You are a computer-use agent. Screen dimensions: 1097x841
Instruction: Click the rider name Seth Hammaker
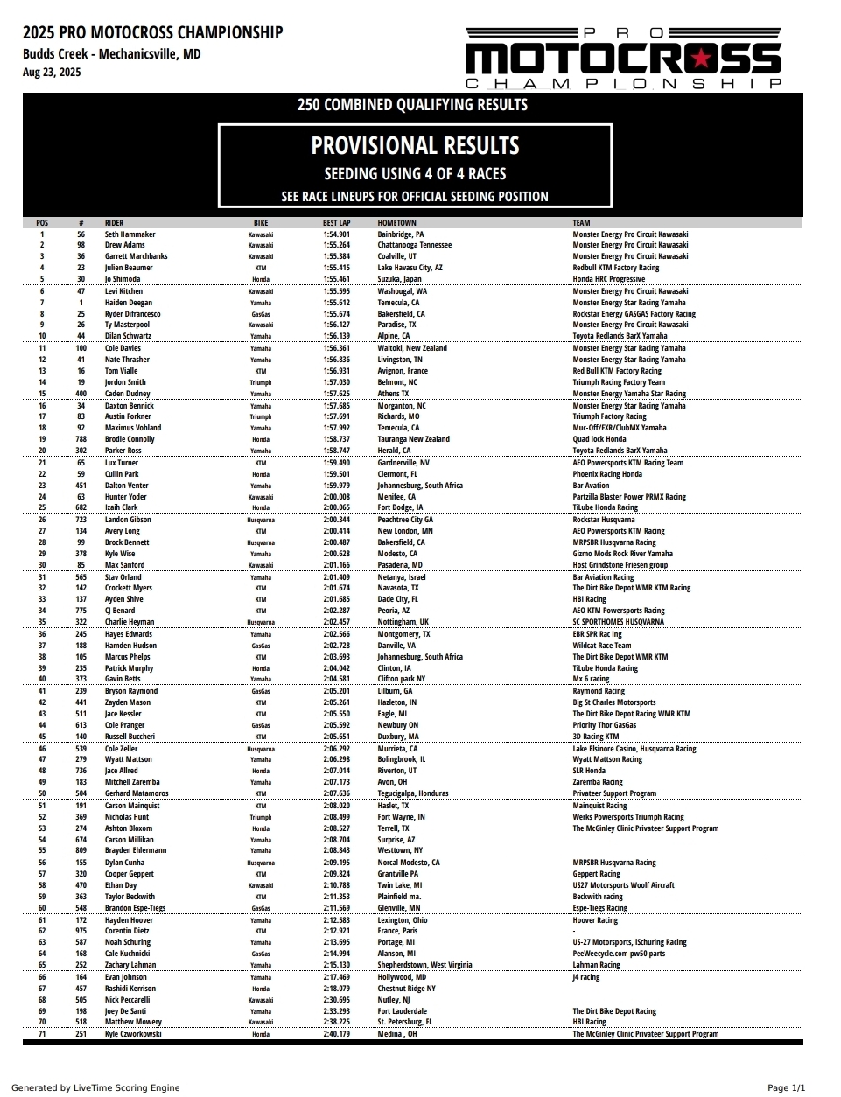click(130, 234)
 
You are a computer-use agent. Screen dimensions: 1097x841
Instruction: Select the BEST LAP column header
click(336, 223)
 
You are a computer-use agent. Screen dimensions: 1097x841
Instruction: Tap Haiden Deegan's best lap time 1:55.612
click(336, 303)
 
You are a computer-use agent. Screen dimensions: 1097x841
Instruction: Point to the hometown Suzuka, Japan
click(399, 280)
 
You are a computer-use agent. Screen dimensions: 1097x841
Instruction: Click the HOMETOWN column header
click(396, 223)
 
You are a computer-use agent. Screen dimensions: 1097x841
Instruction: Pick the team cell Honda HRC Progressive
click(608, 280)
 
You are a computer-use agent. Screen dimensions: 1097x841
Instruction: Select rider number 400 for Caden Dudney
click(81, 394)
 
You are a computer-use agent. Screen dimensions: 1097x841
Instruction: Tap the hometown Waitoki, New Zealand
click(412, 348)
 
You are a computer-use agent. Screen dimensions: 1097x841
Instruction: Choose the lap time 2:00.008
click(336, 497)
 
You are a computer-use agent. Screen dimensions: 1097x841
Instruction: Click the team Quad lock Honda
click(599, 439)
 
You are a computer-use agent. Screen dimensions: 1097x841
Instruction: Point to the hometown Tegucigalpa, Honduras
click(413, 793)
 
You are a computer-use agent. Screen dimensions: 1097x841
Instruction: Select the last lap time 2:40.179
click(336, 1034)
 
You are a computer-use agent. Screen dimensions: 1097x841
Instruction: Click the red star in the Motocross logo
click(701, 59)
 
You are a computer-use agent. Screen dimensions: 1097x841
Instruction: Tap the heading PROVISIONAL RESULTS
click(415, 145)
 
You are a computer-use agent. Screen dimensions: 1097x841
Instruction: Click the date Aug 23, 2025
click(52, 72)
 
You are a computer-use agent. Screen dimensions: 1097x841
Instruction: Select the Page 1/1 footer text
click(786, 1087)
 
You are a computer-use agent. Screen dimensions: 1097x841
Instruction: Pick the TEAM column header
click(581, 223)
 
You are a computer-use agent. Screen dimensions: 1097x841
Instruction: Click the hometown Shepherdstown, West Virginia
click(424, 965)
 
